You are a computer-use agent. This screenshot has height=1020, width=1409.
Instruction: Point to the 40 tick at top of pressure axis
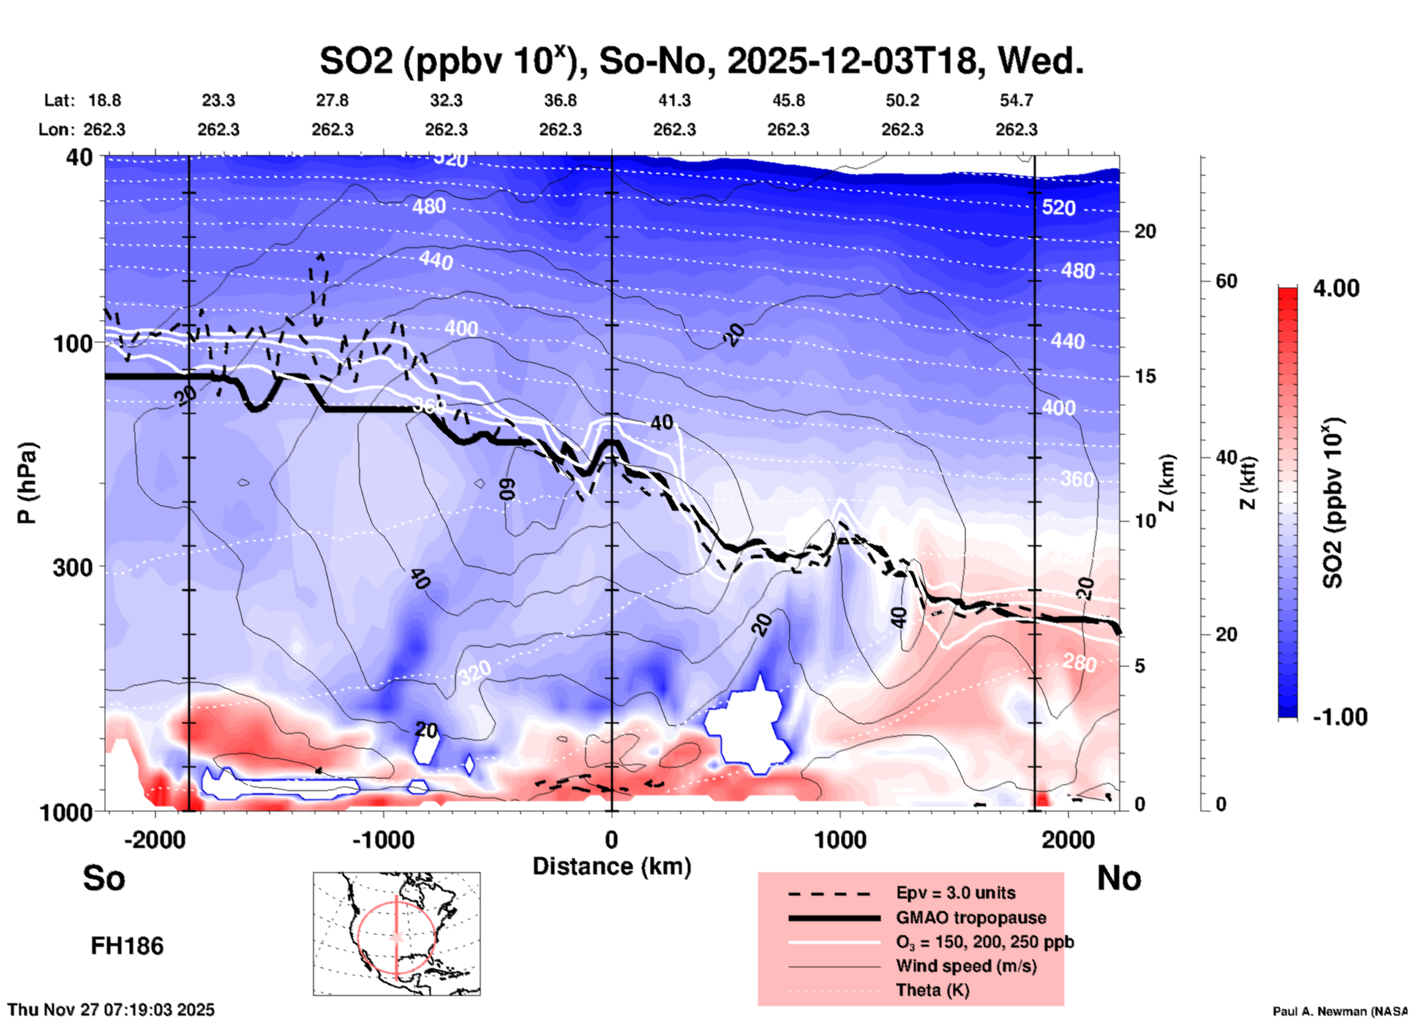click(x=80, y=157)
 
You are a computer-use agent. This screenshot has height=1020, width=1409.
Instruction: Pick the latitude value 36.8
click(x=560, y=100)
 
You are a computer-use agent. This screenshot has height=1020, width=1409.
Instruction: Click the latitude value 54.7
click(x=1016, y=100)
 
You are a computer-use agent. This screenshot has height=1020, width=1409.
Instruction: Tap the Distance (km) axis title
click(x=612, y=866)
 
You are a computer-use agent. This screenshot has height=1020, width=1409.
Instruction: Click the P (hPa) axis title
click(x=27, y=483)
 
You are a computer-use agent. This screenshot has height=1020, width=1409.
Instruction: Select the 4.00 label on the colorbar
click(x=1336, y=288)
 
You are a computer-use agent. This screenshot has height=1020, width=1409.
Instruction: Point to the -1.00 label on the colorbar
click(x=1340, y=717)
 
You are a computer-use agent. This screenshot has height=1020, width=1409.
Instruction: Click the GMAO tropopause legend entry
click(x=971, y=918)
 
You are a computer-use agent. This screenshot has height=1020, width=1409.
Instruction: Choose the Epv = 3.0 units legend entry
click(x=955, y=893)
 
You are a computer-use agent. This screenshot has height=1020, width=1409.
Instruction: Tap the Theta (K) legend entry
click(x=932, y=990)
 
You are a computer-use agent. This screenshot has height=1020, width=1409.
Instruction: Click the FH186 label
click(x=127, y=946)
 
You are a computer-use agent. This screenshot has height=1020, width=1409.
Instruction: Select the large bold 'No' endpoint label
click(x=1119, y=878)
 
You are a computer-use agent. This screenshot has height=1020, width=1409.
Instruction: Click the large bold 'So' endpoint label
click(x=104, y=878)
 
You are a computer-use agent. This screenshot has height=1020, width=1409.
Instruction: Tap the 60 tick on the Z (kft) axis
click(x=1225, y=282)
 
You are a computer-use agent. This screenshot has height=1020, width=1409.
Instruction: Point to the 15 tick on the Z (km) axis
click(x=1145, y=376)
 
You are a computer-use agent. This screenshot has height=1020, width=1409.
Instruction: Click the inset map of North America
click(x=397, y=933)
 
